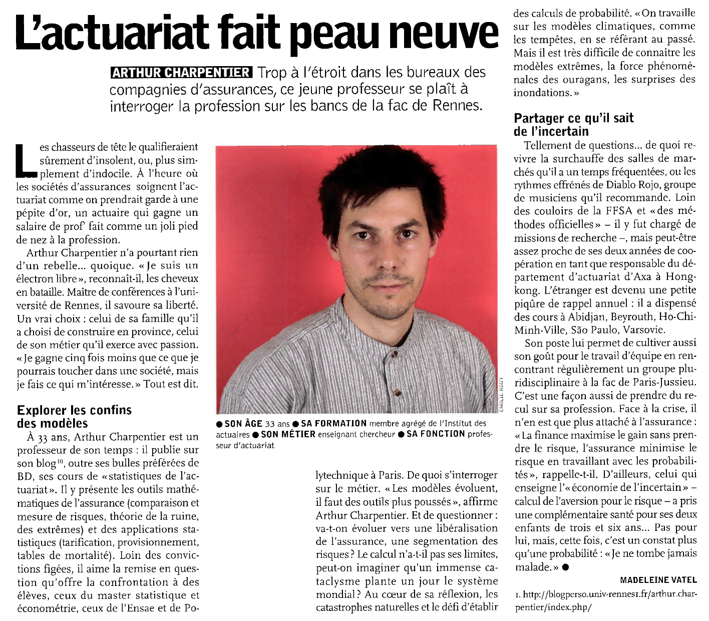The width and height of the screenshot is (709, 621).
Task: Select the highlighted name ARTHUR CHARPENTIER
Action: [x=181, y=73]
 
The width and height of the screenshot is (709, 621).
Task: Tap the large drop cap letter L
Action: [x=27, y=160]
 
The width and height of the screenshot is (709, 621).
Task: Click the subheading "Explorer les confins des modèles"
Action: [x=74, y=417]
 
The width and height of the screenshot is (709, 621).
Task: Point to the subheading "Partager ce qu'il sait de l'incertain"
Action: [x=573, y=125]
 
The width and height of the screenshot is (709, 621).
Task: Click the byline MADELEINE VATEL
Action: [x=658, y=580]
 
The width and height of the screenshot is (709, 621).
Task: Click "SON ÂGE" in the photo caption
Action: [x=243, y=424]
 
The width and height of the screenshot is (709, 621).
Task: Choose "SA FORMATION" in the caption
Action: [x=333, y=424]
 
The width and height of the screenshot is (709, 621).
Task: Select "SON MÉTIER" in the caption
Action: [x=288, y=434]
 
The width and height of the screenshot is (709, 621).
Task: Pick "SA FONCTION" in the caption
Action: [x=436, y=434]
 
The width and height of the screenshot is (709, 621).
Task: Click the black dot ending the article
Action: [x=565, y=567]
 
